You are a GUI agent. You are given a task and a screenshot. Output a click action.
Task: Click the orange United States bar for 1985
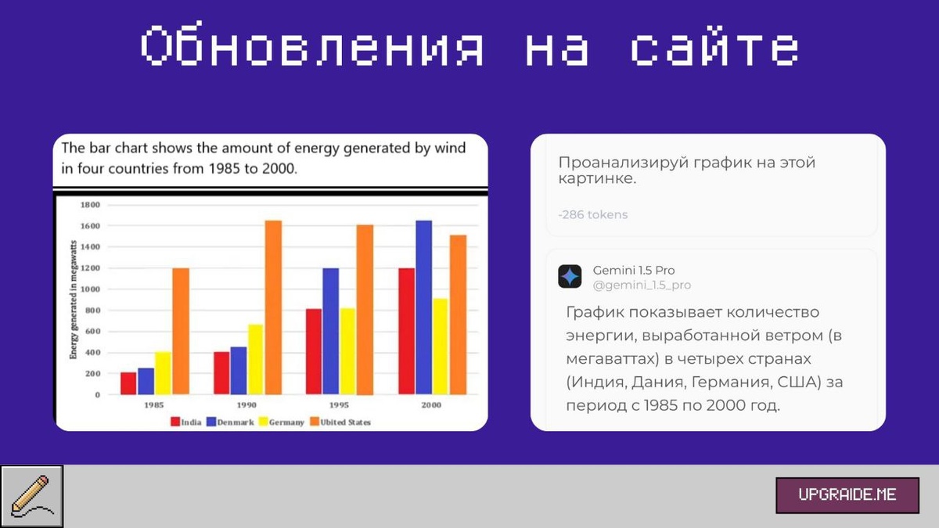coord(181,331)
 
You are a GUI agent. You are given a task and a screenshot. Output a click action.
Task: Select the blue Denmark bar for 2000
coord(424,307)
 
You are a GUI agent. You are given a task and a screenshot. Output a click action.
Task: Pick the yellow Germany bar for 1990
coord(255,359)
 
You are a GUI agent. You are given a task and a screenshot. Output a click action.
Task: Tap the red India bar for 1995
coord(314,351)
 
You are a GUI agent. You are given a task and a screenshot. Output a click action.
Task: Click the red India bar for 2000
coord(406,331)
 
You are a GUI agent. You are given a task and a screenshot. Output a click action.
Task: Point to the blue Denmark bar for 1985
coord(146,382)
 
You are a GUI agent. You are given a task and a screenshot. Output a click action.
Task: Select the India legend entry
coord(186,422)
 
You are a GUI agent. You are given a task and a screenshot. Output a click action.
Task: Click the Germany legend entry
coord(282,422)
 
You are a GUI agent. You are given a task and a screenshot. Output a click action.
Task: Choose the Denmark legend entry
coord(231,422)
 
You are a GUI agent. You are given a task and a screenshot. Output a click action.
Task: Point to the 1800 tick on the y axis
coord(90,205)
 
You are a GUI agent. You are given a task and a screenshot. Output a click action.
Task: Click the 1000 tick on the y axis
coord(90,289)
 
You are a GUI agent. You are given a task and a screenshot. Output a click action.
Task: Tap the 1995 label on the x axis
coord(339,405)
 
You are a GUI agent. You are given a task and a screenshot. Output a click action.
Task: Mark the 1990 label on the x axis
coord(246,405)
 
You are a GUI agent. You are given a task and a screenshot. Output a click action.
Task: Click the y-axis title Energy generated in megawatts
coord(74,300)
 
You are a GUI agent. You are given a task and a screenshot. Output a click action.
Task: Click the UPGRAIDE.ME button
coord(847,495)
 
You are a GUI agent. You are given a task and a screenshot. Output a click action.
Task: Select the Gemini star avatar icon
coord(570,277)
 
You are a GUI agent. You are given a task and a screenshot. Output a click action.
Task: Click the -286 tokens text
coord(593,214)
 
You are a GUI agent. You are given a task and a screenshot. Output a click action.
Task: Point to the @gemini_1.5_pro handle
coord(642,285)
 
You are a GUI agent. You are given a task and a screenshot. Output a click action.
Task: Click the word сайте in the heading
coord(715,45)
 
